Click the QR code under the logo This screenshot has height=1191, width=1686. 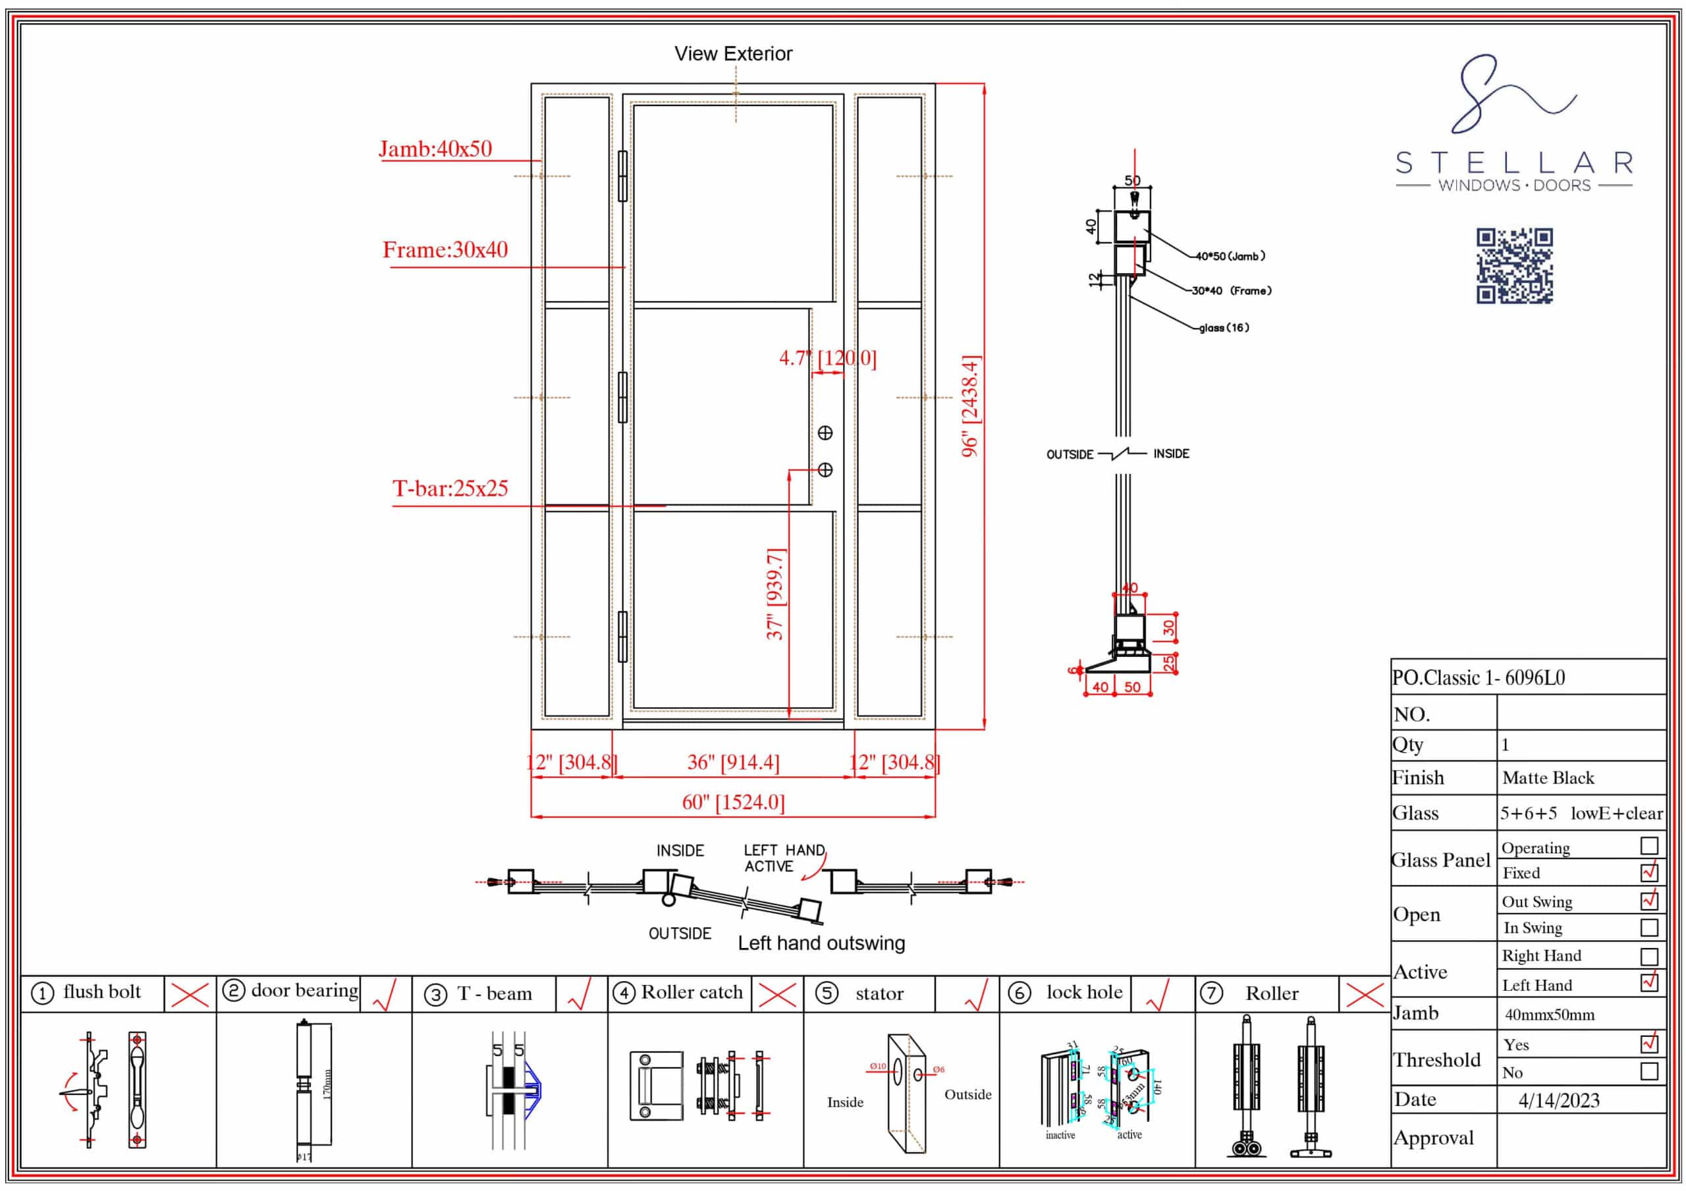[x=1514, y=265]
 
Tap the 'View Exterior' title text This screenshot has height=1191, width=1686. [x=733, y=53]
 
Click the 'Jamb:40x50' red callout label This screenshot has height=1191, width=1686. [x=435, y=149]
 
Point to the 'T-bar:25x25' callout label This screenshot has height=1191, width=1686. [x=449, y=489]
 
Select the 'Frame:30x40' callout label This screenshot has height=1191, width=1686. [x=445, y=250]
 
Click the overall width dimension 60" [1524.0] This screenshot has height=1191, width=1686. [x=733, y=802]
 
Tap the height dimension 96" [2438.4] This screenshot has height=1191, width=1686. [x=970, y=406]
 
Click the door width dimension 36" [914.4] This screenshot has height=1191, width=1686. [x=733, y=762]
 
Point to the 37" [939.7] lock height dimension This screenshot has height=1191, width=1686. [x=775, y=594]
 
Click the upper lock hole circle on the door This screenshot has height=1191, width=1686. [x=825, y=433]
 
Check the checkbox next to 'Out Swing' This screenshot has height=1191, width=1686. [x=1648, y=900]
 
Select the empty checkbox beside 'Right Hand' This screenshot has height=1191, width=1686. [x=1648, y=956]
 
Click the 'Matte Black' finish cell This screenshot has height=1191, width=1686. [x=1548, y=778]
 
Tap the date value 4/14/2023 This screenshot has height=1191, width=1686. [x=1558, y=1100]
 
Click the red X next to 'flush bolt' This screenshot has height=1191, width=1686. [x=190, y=995]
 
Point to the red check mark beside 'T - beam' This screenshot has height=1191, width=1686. [x=580, y=995]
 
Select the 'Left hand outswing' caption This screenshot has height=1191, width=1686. [x=821, y=943]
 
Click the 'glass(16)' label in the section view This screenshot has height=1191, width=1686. [x=1224, y=327]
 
